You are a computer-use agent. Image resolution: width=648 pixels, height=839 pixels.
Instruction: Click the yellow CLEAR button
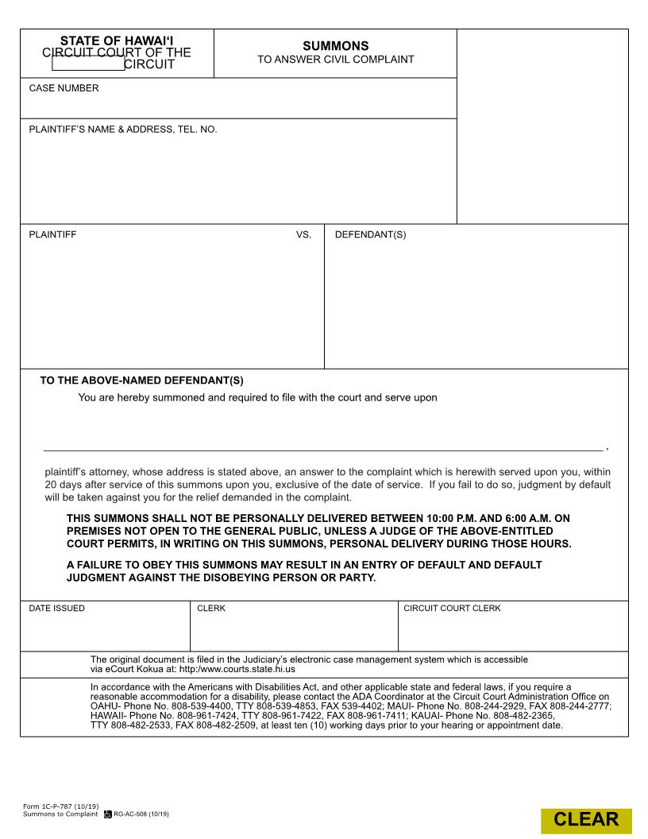pyautogui.click(x=586, y=820)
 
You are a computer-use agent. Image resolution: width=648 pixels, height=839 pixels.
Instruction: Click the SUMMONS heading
pyautogui.click(x=335, y=47)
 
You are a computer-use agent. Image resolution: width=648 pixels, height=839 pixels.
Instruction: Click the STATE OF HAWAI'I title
pyautogui.click(x=117, y=41)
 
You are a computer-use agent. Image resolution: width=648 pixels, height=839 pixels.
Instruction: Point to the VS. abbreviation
pyautogui.click(x=303, y=235)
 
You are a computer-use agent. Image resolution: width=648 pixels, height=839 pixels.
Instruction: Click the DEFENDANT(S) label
pyautogui.click(x=370, y=235)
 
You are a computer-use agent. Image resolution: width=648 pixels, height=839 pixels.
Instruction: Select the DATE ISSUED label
pyautogui.click(x=56, y=609)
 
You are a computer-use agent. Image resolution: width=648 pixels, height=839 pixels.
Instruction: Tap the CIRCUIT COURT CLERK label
pyautogui.click(x=452, y=609)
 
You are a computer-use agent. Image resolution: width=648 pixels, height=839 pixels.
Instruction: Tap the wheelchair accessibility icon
pyautogui.click(x=108, y=814)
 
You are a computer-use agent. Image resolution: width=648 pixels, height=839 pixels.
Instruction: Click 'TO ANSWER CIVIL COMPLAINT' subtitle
pyautogui.click(x=335, y=60)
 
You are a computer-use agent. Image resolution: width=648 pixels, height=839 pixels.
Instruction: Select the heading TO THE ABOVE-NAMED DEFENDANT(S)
pyautogui.click(x=141, y=381)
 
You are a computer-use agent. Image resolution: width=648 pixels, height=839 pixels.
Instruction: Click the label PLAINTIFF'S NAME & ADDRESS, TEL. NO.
pyautogui.click(x=122, y=129)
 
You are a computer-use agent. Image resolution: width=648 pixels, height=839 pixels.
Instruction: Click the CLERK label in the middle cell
pyautogui.click(x=210, y=609)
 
